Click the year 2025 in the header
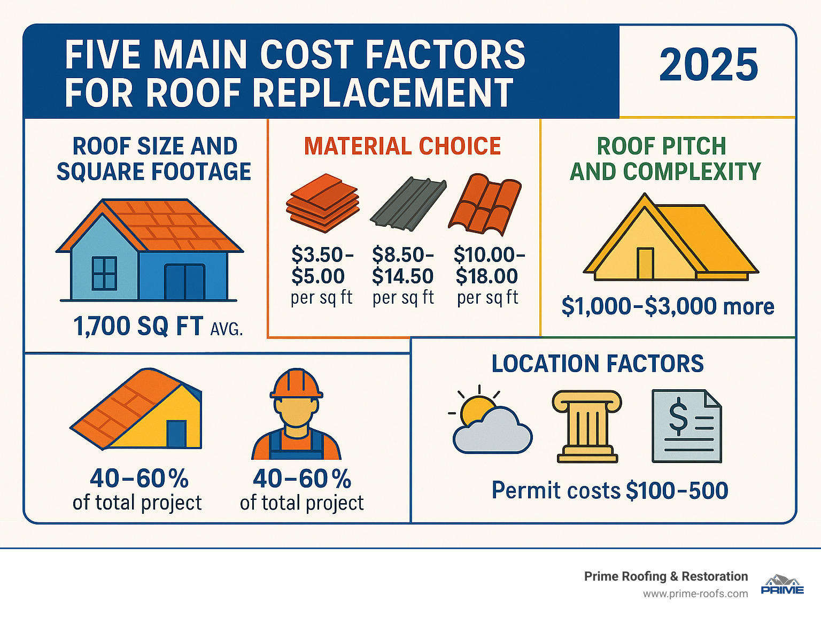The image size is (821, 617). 708,65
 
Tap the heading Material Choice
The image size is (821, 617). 402,146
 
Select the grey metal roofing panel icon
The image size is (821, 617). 408,204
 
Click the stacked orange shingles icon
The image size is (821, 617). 322,203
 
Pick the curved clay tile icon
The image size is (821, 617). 485,204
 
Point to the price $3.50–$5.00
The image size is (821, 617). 321,266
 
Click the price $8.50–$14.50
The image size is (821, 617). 402,266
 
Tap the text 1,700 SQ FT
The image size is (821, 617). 138,327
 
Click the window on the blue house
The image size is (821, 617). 104,273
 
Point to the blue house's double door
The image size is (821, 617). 184,282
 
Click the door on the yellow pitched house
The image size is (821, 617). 645,263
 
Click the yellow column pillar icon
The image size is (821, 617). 587,427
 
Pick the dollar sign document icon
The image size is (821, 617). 686,426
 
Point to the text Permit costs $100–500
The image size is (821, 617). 609,491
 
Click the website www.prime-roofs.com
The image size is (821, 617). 695,594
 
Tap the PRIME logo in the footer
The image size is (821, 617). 782,585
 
